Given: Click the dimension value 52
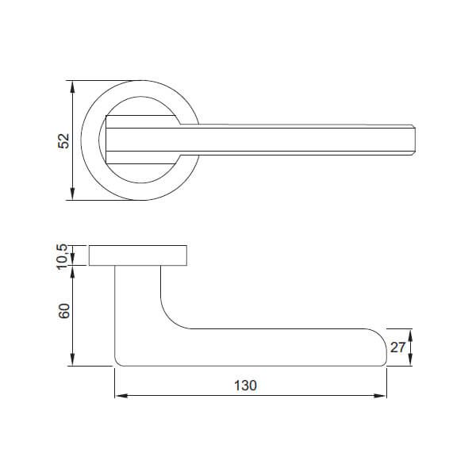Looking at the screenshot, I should [x=64, y=140].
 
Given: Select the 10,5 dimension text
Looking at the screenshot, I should [x=64, y=255].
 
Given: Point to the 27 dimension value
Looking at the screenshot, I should [x=399, y=347].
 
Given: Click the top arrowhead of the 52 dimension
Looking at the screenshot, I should [x=73, y=84].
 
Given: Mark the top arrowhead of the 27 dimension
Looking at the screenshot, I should [x=411, y=332].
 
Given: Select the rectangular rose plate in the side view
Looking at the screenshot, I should [x=139, y=255].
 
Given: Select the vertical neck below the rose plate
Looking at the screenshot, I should [x=138, y=294].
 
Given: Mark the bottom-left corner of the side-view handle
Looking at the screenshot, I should [x=119, y=363].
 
